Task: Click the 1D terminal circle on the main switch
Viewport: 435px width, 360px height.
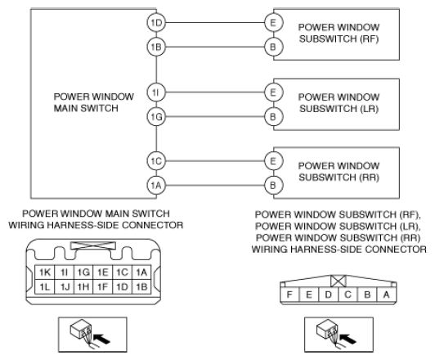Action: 156,22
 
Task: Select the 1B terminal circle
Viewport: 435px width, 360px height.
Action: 156,47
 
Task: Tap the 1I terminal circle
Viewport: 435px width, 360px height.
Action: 156,92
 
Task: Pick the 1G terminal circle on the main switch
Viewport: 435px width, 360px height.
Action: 156,116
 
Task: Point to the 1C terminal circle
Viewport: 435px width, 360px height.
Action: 156,160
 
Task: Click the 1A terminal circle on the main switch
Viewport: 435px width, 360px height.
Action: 156,185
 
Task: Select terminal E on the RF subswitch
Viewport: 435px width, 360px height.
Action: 274,22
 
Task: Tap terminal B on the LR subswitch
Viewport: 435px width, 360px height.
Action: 274,116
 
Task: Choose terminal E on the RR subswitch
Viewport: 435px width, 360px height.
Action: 274,160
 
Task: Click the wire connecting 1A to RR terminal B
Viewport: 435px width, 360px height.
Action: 215,185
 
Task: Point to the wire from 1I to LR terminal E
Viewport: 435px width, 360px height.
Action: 215,92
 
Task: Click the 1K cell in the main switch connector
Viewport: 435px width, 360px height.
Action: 45,272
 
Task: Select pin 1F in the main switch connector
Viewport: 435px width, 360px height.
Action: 103,286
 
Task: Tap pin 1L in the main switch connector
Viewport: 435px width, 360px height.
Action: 45,286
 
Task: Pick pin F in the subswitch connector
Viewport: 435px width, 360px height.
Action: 289,295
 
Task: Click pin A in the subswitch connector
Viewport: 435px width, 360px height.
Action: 387,295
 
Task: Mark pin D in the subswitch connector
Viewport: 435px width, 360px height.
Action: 328,295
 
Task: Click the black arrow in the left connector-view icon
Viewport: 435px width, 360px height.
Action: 102,339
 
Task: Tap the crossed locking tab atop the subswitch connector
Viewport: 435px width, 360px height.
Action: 339,281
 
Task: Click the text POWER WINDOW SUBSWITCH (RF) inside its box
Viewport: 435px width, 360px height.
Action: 339,33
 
